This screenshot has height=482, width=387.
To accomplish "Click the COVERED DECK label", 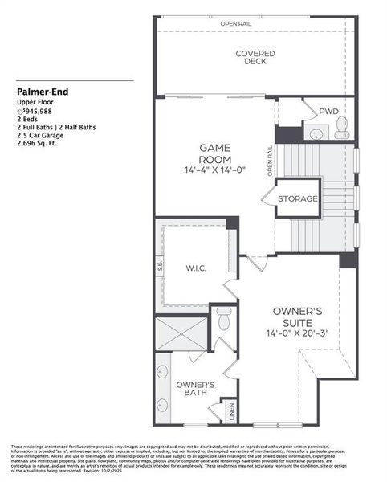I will point(255,59).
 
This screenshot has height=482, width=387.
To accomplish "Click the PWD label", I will point(328,112).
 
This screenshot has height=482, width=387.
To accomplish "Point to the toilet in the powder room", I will point(341,126).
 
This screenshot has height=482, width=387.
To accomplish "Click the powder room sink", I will point(315,132).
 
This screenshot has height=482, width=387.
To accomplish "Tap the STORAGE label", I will point(298,198).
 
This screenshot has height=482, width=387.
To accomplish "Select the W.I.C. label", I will point(196,268).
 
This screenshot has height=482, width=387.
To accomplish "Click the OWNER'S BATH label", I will point(195,390).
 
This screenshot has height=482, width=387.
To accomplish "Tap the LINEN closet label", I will point(231,411).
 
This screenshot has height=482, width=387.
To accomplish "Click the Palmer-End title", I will point(41,92).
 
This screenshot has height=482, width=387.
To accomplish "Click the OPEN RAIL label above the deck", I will point(237,24).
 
